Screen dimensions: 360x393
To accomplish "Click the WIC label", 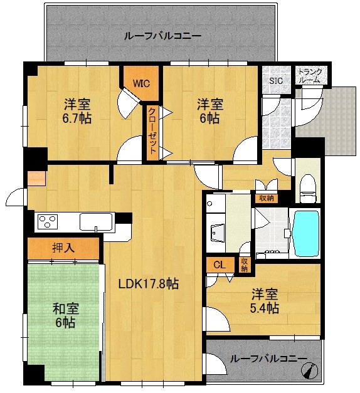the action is point(142,83).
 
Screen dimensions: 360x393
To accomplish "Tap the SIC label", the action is point(276,81).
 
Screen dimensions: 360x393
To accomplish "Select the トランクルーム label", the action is point(310,75).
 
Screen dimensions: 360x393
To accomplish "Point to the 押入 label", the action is point(63,248).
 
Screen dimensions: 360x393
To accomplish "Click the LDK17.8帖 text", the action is point(148,284).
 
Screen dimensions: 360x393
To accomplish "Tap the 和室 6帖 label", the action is point(66,315).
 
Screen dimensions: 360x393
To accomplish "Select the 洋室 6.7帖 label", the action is point(77,111).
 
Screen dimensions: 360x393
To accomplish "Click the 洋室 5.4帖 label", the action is point(265,301).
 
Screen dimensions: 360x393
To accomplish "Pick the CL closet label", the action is point(220,265).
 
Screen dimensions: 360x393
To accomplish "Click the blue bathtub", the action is point(306,233).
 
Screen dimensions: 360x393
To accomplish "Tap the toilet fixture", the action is point(308,188).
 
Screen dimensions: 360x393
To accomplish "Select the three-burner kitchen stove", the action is point(48,221).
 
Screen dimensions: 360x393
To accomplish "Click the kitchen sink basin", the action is point(96,221).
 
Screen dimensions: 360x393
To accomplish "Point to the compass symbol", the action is point(310,370).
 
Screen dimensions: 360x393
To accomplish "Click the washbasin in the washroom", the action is point(218,233).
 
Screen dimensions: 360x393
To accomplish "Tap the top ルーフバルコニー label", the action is point(162,36).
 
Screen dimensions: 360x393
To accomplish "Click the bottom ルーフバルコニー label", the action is point(268,359).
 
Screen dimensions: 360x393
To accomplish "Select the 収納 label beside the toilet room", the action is point(267,198).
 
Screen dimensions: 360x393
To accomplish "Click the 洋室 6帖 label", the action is point(209,111).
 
